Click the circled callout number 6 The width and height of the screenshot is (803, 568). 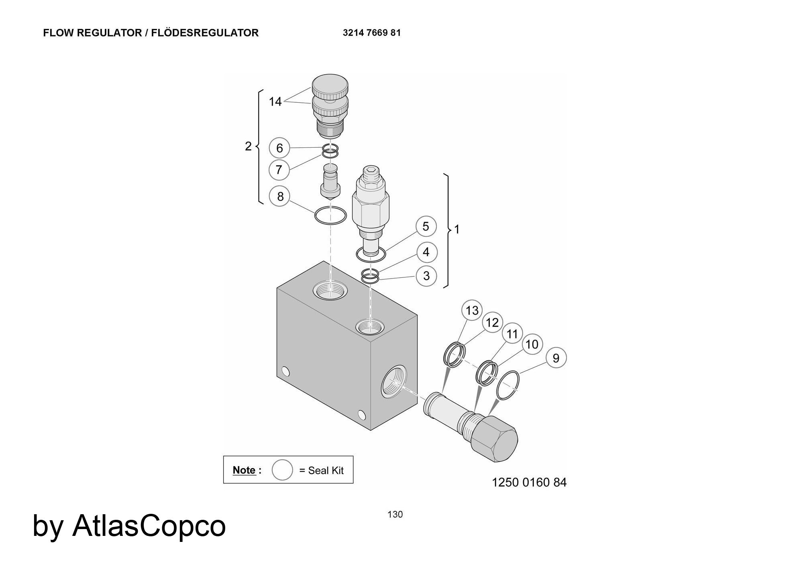(x=279, y=148)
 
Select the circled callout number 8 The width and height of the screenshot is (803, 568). (x=280, y=196)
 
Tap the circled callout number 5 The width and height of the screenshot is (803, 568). (x=426, y=226)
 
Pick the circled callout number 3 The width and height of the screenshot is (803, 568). (x=426, y=276)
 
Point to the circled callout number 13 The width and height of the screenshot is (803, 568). (x=472, y=310)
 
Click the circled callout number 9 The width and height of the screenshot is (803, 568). (x=556, y=358)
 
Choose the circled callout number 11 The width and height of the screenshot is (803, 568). (x=512, y=334)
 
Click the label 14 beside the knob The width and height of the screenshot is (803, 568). (x=275, y=102)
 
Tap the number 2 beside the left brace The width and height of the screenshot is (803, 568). (x=248, y=146)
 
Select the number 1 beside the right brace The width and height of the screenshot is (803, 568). (x=457, y=229)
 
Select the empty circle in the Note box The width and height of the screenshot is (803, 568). (x=282, y=470)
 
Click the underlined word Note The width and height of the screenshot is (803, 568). (x=244, y=470)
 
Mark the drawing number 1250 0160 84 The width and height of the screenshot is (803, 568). (x=529, y=482)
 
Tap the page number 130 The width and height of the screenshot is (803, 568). (x=395, y=514)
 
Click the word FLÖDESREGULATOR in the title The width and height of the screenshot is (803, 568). (x=206, y=33)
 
